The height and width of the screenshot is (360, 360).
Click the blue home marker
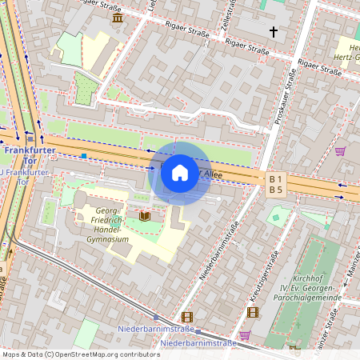180,172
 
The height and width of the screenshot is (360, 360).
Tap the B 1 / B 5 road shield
276,184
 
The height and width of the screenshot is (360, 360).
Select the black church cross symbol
274,32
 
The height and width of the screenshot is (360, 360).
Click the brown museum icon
118,18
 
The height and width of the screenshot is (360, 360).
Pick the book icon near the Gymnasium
145,216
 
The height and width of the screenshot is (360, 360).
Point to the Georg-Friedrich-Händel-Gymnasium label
101,225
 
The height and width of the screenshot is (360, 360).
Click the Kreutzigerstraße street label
265,276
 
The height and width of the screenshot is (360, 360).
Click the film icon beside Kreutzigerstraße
254,311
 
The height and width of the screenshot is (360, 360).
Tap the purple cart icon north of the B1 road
340,150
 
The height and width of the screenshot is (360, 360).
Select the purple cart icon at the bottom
245,335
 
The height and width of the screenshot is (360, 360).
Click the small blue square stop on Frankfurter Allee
83,155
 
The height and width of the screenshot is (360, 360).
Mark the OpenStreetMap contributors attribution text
80,354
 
